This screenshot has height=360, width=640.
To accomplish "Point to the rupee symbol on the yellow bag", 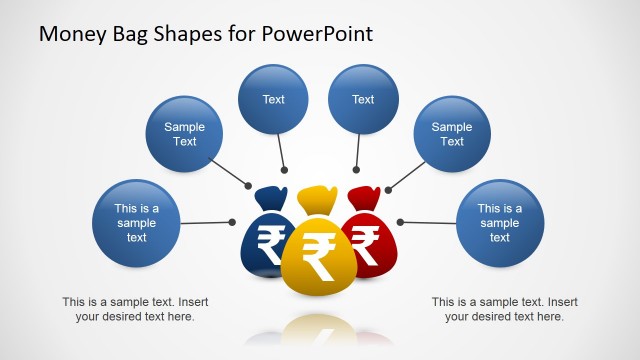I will [x=319, y=258].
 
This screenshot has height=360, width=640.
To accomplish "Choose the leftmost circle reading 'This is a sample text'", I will [x=136, y=223].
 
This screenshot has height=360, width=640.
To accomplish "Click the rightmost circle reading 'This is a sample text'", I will [x=500, y=223].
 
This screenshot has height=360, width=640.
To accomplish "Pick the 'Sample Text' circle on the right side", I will [x=452, y=134].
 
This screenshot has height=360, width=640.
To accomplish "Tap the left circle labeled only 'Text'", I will [x=273, y=99].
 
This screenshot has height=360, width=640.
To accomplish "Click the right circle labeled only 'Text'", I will [x=363, y=99].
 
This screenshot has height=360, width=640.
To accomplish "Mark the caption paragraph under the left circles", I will [x=135, y=309].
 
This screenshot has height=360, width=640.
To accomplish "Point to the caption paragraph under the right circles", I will [x=504, y=309].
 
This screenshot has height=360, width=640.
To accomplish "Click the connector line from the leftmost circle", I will [x=205, y=222].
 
